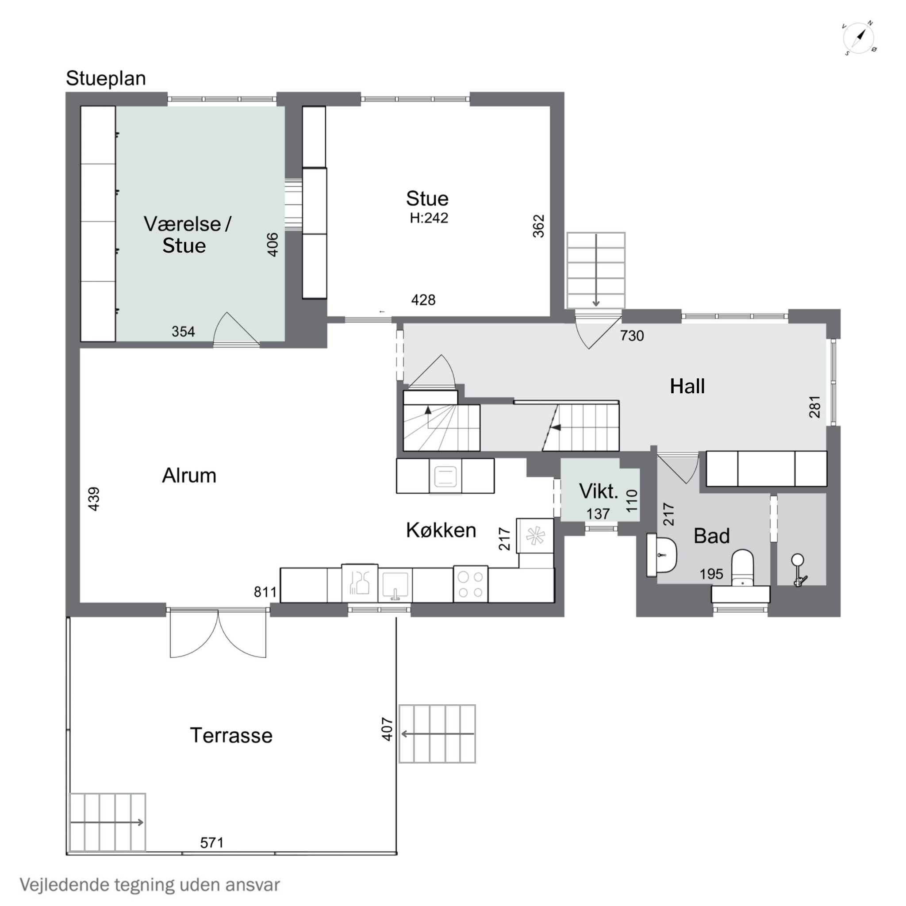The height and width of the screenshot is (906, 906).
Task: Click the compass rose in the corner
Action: tap(860, 38)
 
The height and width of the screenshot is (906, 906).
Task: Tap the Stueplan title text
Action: tap(106, 78)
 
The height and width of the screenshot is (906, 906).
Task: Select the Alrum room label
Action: tap(189, 476)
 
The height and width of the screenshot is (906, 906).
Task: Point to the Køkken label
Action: tap(441, 530)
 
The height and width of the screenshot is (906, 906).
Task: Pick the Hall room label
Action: tap(687, 386)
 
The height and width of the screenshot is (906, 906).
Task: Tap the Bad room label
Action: tap(711, 536)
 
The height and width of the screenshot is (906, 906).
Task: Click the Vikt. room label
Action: tap(599, 491)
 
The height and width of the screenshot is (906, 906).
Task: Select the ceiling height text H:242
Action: tap(429, 218)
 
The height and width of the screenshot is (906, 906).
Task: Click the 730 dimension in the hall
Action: tap(632, 335)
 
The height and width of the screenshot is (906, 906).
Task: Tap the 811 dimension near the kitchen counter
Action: tap(265, 592)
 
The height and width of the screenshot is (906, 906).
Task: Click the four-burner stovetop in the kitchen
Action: tap(470, 584)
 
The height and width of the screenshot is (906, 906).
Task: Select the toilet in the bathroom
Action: tap(742, 568)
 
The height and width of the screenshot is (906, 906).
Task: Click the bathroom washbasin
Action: tap(662, 555)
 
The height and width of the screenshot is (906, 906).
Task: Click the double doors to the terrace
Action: tap(218, 633)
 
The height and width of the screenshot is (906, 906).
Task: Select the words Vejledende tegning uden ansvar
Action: tap(150, 884)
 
